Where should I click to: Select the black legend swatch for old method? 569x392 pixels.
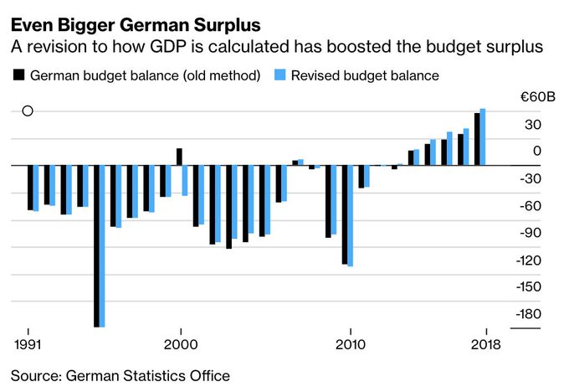(18, 75)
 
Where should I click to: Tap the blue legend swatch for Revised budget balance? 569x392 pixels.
(284, 75)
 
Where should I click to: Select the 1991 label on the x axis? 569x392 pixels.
(28, 344)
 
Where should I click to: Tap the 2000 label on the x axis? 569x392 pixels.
(180, 344)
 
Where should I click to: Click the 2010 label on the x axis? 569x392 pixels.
(349, 344)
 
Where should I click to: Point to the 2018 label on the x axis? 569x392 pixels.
(486, 344)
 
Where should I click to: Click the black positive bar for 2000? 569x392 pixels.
(179, 157)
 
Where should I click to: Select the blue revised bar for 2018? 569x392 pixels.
(483, 137)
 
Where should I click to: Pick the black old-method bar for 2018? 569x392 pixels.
(477, 139)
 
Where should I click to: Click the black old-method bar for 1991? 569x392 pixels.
(29, 187)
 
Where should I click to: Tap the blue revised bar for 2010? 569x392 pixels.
(350, 215)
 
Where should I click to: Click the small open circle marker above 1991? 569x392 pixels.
(28, 111)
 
